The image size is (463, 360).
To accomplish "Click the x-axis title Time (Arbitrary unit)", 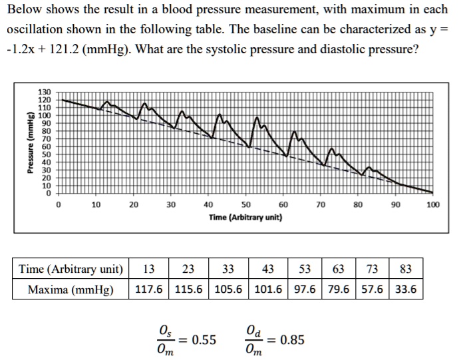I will point(245,218).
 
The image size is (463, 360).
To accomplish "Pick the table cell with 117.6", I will point(150,290).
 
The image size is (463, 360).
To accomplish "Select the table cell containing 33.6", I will point(406,290).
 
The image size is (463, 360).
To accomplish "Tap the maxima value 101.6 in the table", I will point(268,290).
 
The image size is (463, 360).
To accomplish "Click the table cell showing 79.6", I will point(338,290).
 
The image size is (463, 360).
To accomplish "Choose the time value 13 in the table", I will point(150,270).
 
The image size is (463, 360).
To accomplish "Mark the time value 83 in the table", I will point(406,270).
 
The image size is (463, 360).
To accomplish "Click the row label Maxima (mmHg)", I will point(70,290).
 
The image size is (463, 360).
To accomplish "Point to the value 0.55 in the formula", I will point(204,340).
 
